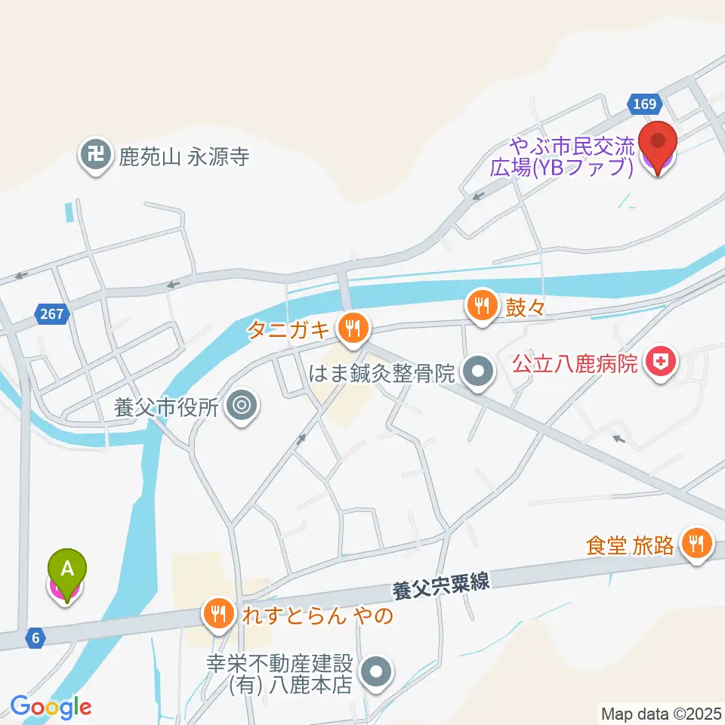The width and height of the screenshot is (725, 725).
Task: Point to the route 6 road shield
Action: tap(35, 637)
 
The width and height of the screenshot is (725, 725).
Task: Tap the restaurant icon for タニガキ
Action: tap(352, 329)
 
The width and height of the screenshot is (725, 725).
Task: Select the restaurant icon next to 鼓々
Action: tap(481, 305)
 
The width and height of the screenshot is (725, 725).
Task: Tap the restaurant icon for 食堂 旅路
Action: tap(695, 543)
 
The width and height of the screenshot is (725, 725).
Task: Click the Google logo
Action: tap(51, 707)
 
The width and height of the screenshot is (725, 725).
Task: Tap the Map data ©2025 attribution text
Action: tap(661, 712)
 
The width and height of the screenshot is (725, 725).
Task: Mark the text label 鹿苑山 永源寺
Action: tap(184, 157)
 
